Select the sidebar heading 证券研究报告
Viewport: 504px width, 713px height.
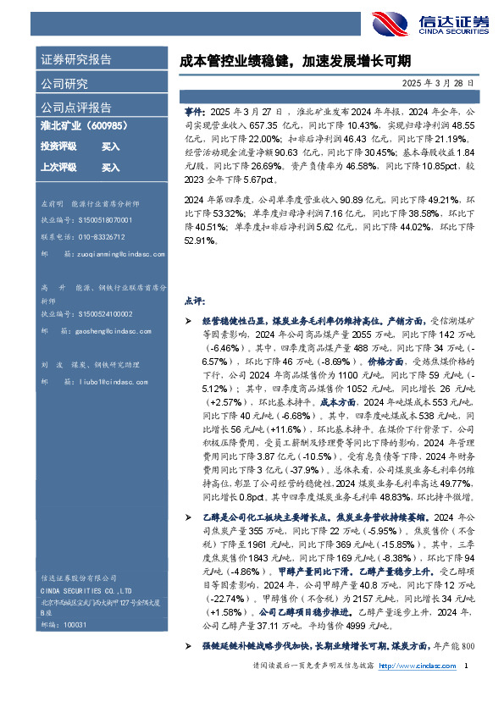pyautogui.click(x=76, y=60)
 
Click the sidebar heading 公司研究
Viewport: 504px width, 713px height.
pyautogui.click(x=64, y=84)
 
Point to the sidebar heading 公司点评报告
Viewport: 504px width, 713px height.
pyautogui.click(x=76, y=108)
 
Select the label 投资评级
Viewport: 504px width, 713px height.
pyautogui.click(x=58, y=146)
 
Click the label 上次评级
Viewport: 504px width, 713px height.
pyautogui.click(x=58, y=168)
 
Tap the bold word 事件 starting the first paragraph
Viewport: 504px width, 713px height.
pyautogui.click(x=193, y=112)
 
